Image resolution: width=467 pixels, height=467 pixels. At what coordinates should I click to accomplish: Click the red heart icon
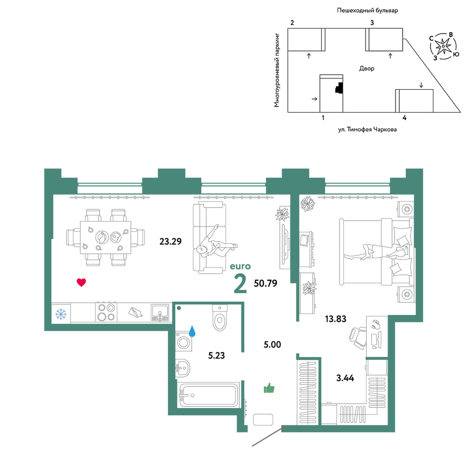tap(81, 282)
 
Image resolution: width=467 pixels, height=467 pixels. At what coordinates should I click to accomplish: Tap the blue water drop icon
tap(192, 331)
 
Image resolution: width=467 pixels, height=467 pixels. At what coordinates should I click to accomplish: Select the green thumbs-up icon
tap(269, 389)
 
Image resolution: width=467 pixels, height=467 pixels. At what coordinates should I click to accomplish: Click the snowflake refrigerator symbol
tap(61, 314)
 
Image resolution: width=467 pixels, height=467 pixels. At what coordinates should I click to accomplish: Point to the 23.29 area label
tap(170, 241)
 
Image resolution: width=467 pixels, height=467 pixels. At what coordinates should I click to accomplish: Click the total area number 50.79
tap(265, 283)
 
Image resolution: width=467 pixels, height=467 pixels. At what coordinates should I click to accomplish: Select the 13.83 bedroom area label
tap(336, 319)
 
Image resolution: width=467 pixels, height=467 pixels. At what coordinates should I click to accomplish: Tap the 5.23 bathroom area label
tap(217, 355)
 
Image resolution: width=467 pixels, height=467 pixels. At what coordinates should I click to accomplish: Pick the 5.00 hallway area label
tap(272, 345)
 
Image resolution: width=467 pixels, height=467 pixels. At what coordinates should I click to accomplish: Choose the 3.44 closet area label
tap(345, 378)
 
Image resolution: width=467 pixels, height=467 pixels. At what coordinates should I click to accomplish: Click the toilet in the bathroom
tap(220, 318)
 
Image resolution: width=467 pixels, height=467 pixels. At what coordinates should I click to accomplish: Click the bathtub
tap(209, 395)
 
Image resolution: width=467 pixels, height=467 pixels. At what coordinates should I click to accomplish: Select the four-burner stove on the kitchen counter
tap(106, 312)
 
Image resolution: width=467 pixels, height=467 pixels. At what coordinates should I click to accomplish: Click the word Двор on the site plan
tap(367, 69)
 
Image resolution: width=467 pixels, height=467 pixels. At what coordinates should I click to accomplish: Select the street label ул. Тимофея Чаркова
tap(367, 129)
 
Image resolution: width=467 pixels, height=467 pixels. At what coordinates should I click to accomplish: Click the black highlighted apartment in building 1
tap(339, 87)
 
